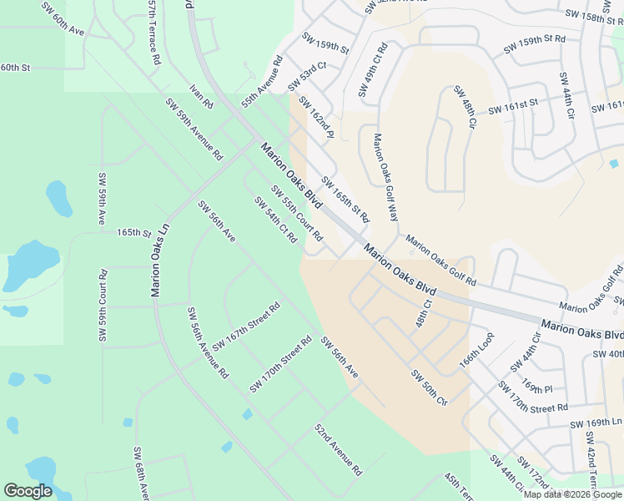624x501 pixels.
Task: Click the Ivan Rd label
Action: pos(202,96)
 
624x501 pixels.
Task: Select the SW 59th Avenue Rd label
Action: pos(194,129)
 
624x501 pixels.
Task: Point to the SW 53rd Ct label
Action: pos(307,76)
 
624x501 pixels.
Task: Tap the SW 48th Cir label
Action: pos(465,107)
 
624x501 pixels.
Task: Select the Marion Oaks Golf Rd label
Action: pos(440,260)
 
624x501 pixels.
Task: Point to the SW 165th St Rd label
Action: pos(345,200)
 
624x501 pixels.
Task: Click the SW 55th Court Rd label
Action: pos(296,214)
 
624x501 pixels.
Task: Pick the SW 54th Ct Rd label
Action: pos(276,220)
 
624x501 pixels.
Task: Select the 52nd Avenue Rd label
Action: pos(338,448)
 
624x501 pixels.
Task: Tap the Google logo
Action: pos(28,491)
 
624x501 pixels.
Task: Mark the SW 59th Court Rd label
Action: pos(103,306)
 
